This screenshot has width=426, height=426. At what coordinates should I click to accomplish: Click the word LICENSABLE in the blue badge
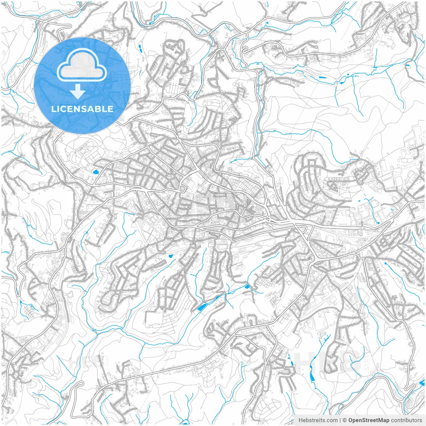click(82, 109)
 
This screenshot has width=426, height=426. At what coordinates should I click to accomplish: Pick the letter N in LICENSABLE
click(76, 109)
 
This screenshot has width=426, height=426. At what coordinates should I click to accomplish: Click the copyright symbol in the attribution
click(345, 420)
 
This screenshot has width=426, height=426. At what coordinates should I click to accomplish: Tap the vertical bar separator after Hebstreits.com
click(340, 420)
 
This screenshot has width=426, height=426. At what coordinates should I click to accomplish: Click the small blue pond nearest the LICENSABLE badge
click(96, 172)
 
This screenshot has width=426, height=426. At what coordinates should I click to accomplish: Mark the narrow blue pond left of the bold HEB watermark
click(312, 376)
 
